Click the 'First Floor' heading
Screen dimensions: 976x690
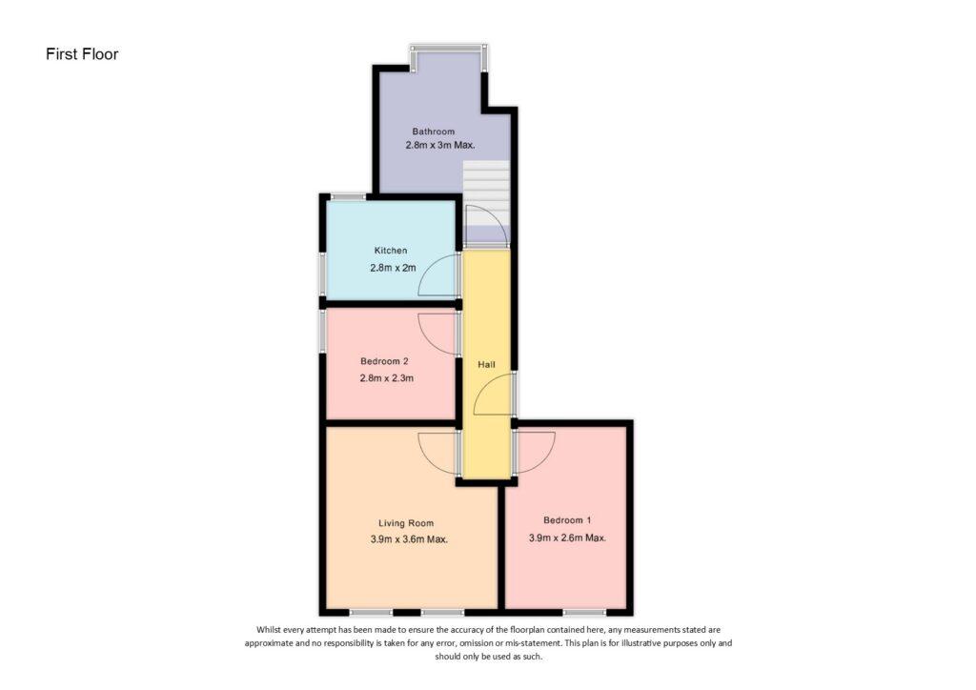82,54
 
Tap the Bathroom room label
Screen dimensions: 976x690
434,132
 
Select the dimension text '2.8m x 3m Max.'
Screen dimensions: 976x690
440,145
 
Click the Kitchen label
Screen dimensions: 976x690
391,250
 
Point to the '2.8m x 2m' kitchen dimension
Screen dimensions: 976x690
393,268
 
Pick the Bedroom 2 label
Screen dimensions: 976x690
384,361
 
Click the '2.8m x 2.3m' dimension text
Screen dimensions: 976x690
387,377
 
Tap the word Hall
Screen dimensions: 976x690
486,365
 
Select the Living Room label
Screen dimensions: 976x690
406,523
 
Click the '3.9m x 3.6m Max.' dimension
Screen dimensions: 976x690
409,539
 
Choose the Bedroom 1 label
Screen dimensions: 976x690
567,520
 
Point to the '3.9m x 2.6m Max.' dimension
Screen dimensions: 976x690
567,538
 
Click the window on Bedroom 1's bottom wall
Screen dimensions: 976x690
584,612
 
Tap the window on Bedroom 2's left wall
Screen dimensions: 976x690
323,331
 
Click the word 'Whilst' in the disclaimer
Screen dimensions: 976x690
268,630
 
